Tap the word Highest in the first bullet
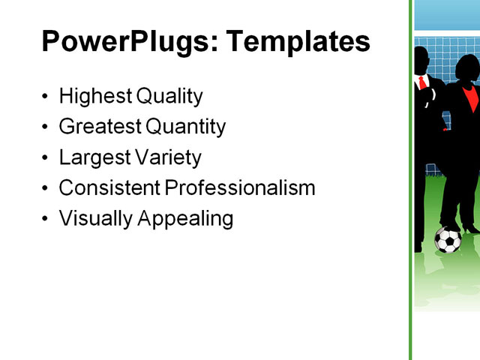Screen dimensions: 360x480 click(x=95, y=96)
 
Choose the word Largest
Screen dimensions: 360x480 click(x=92, y=157)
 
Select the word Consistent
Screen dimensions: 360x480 click(x=108, y=187)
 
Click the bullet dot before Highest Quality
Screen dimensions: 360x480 click(x=46, y=97)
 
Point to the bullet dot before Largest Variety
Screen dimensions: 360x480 click(x=46, y=158)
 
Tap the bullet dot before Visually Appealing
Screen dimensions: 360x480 click(x=46, y=219)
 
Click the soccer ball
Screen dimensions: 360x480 click(x=448, y=240)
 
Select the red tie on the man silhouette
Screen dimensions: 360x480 click(x=423, y=82)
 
